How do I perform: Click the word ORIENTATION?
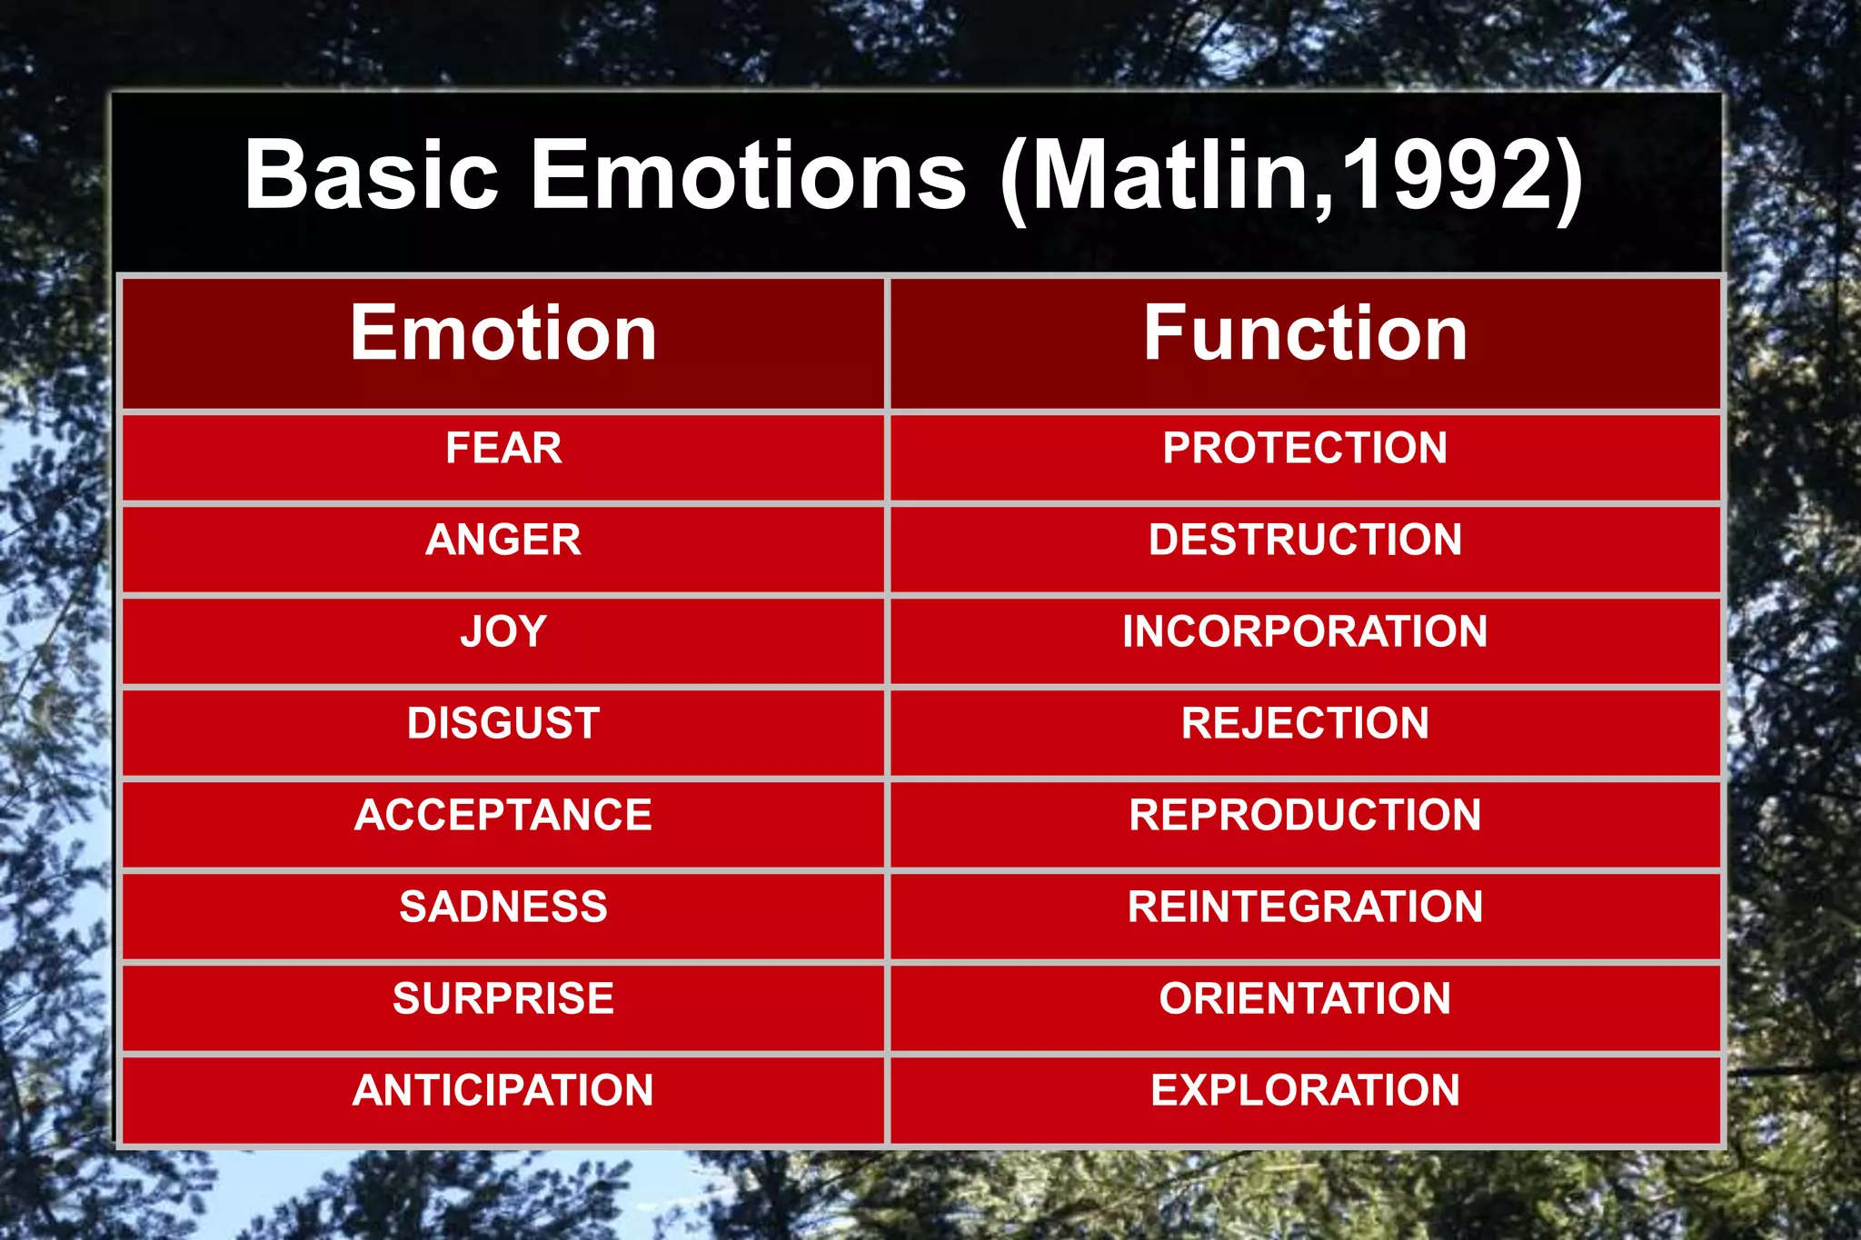1305,999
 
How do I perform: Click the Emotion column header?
503,334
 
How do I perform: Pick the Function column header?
1305,334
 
